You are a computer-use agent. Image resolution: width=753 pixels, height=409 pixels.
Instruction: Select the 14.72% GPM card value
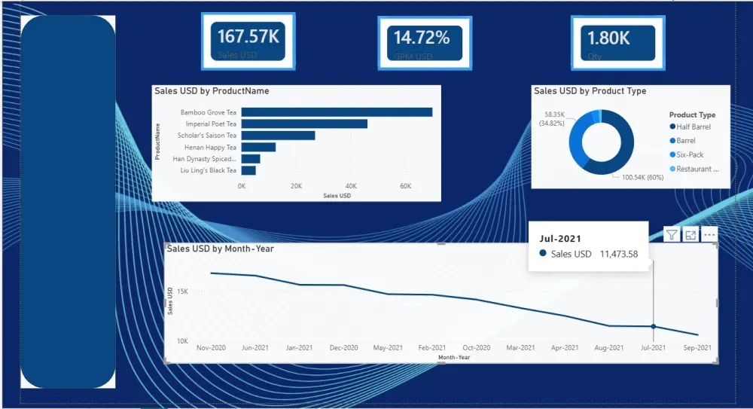(x=422, y=38)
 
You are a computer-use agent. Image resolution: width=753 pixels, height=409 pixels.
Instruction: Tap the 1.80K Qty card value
(x=608, y=38)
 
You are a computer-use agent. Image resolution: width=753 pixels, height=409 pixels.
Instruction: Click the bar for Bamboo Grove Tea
(x=337, y=112)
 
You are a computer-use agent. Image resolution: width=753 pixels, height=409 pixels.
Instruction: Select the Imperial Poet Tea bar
(x=304, y=124)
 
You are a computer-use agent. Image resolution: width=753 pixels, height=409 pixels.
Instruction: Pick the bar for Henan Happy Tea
(x=258, y=148)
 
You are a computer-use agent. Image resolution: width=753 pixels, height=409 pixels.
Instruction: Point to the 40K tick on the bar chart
(x=351, y=186)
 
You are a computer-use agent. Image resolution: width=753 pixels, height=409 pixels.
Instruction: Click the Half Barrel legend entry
(x=694, y=127)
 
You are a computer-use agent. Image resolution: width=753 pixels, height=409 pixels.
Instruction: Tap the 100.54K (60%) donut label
(x=642, y=177)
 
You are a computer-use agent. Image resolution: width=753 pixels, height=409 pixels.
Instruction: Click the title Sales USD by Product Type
(x=590, y=91)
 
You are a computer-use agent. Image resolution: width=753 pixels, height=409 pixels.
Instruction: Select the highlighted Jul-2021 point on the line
(x=653, y=326)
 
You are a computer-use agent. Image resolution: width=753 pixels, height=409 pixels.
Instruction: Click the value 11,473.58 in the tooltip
(x=618, y=255)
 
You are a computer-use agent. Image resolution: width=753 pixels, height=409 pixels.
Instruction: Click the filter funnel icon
(x=672, y=235)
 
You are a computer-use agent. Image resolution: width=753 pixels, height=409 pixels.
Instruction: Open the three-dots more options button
(x=709, y=235)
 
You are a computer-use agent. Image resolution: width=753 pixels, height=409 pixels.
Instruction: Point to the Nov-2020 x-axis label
(x=211, y=348)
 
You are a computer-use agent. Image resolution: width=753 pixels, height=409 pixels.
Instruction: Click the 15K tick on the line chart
(x=182, y=291)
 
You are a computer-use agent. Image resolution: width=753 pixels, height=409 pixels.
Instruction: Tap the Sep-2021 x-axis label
(x=697, y=348)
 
